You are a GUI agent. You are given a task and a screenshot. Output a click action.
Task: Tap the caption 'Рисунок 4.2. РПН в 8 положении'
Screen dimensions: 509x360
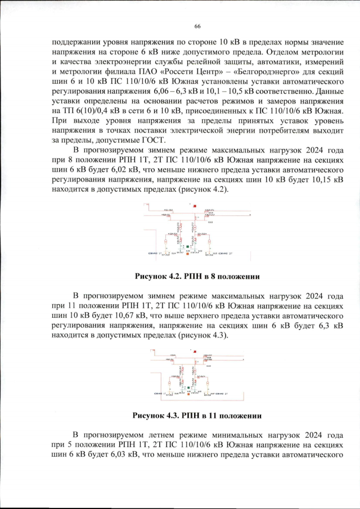tap(196, 276)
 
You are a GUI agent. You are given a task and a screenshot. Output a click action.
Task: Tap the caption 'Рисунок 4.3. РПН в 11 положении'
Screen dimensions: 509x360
tap(196, 416)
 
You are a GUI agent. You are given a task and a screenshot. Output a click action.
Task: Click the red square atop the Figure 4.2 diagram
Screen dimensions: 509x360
tap(195, 208)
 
